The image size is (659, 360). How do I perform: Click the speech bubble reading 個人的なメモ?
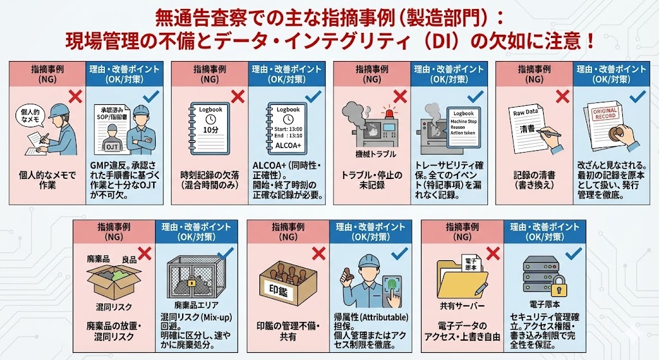[x=30, y=116]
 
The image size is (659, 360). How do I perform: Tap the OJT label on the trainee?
[x=112, y=147]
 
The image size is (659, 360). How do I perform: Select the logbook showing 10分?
[x=210, y=128]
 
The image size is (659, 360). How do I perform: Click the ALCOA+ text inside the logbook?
[x=288, y=146]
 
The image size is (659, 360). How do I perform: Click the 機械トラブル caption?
[x=376, y=155]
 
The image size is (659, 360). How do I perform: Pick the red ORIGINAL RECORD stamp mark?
[x=605, y=113]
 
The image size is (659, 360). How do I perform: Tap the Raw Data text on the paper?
[x=525, y=113]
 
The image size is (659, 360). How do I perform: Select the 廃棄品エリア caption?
[x=196, y=305]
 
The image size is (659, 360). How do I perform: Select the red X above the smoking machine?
[x=400, y=97]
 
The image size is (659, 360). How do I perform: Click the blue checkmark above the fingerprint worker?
[x=399, y=254]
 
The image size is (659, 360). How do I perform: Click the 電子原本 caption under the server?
[x=544, y=303]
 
